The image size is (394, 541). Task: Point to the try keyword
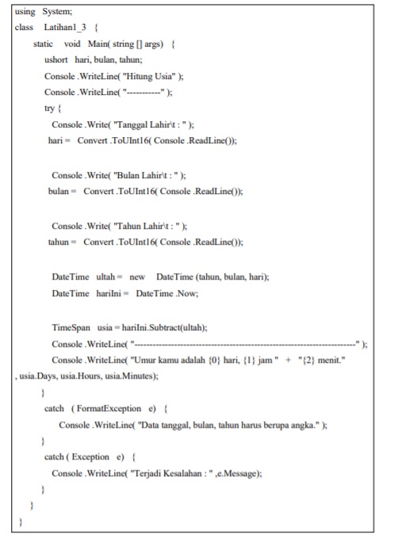click(50, 110)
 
